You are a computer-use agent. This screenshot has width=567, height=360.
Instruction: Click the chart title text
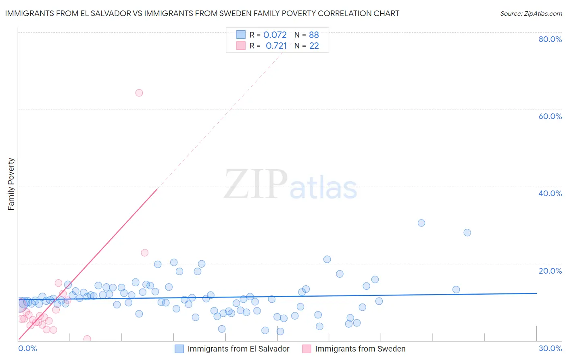pyautogui.click(x=202, y=13)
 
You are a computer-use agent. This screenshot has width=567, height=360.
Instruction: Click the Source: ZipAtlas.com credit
pyautogui.click(x=531, y=14)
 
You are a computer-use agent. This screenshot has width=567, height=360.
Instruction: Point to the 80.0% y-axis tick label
pyautogui.click(x=550, y=39)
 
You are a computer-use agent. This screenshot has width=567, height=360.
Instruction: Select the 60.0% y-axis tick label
pyautogui.click(x=550, y=116)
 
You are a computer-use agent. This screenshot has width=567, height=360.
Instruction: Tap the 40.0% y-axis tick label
pyautogui.click(x=550, y=193)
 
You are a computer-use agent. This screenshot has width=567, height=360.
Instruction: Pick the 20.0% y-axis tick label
pyautogui.click(x=550, y=271)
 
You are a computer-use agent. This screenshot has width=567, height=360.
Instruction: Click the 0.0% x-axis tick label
pyautogui.click(x=27, y=348)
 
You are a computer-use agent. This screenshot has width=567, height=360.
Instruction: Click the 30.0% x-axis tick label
pyautogui.click(x=550, y=348)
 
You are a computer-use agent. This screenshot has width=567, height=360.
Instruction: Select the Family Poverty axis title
pyautogui.click(x=11, y=184)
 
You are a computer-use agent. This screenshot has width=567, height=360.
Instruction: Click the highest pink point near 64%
pyautogui.click(x=139, y=93)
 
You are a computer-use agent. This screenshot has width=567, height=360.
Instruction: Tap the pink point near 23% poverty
pyautogui.click(x=145, y=253)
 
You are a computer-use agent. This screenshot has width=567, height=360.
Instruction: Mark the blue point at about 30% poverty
pyautogui.click(x=421, y=223)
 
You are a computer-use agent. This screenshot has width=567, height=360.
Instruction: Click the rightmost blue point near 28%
pyautogui.click(x=467, y=232)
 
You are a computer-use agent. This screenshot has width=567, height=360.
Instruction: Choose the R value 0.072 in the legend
pyautogui.click(x=275, y=35)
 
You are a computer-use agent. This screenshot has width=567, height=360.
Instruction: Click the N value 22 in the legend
pyautogui.click(x=314, y=46)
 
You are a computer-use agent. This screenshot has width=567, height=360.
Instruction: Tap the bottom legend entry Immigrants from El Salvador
pyautogui.click(x=238, y=349)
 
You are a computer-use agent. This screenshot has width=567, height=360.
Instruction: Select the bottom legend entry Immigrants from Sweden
pyautogui.click(x=360, y=349)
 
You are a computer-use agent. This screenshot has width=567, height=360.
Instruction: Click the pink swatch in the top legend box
pyautogui.click(x=241, y=46)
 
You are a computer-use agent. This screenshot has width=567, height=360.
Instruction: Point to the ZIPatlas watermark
pyautogui.click(x=290, y=185)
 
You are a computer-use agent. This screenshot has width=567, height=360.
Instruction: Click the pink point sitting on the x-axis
pyautogui.click(x=87, y=339)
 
